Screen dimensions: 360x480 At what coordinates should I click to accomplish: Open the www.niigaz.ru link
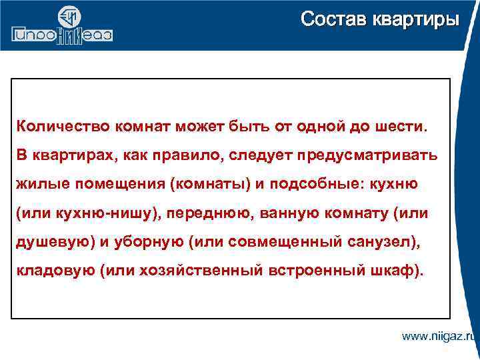(x=439, y=336)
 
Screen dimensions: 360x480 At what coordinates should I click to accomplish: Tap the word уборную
(x=147, y=243)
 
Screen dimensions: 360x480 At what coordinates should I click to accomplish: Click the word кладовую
(x=53, y=272)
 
